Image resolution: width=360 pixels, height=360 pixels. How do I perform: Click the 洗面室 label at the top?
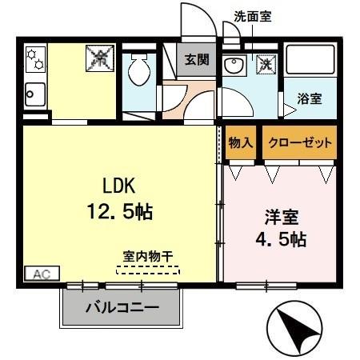click(253, 16)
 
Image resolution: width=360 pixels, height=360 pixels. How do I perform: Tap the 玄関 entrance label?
click(196, 59)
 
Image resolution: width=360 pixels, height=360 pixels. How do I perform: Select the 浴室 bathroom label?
click(310, 99)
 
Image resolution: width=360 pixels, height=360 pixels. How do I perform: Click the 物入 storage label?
click(241, 142)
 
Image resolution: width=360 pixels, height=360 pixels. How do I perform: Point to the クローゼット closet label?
click(300, 142)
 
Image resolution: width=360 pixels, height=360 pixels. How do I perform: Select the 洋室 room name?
click(281, 216)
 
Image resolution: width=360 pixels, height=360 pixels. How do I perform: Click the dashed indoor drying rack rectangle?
click(148, 270)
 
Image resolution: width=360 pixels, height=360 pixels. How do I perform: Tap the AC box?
click(42, 273)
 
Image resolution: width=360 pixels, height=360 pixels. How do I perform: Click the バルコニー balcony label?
click(122, 307)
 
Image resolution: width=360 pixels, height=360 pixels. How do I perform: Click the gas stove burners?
click(35, 58)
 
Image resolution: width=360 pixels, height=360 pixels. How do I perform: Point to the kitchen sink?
click(36, 94)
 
